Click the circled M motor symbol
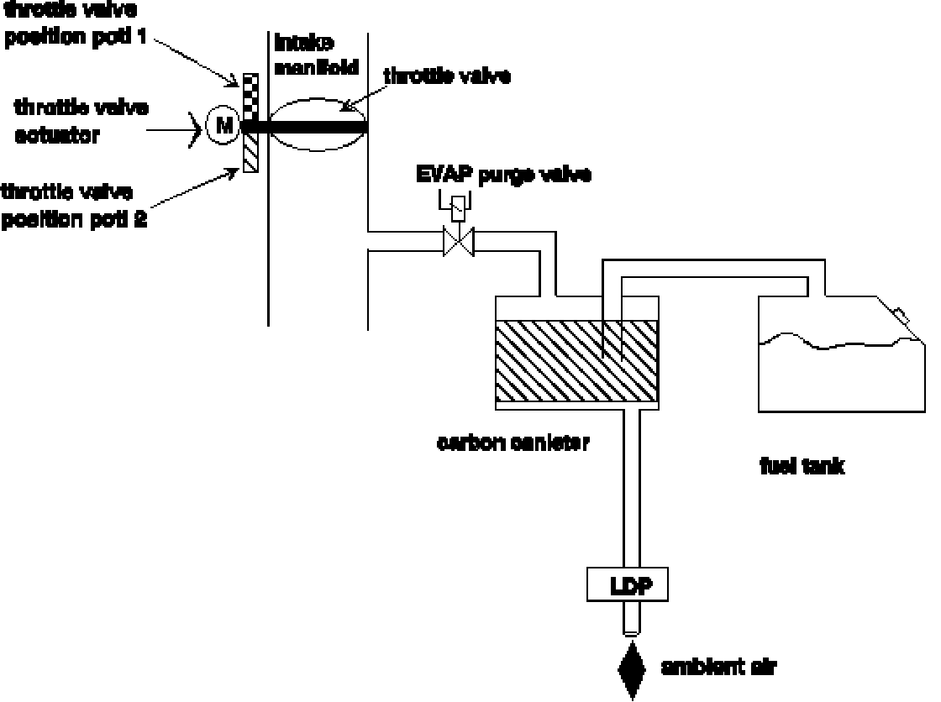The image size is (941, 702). (x=223, y=127)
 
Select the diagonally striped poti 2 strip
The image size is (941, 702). (x=250, y=153)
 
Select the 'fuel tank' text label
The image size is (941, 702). (x=801, y=468)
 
